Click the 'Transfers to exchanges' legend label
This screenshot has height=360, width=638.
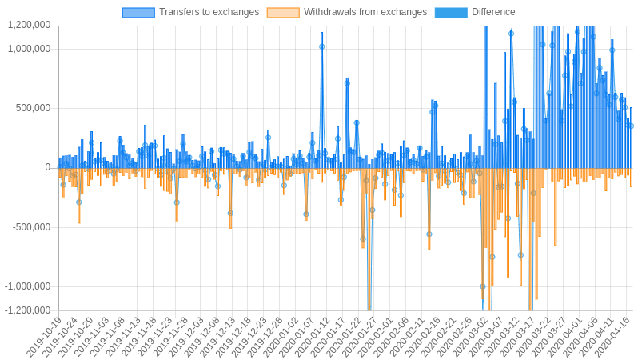click(x=209, y=12)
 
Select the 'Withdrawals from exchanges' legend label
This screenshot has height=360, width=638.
click(x=365, y=12)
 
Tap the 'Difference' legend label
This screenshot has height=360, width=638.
click(x=493, y=12)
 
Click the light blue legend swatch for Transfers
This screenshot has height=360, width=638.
click(x=138, y=12)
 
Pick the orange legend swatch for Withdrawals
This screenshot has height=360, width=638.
click(x=283, y=12)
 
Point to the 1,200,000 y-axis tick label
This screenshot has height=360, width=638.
click(x=29, y=25)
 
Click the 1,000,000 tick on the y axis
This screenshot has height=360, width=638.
click(x=29, y=49)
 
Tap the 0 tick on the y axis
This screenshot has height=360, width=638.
click(x=47, y=168)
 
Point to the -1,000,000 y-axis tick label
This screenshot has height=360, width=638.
click(x=27, y=286)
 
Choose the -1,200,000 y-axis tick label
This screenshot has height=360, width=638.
click(x=27, y=310)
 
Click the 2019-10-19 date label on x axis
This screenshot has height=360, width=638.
click(x=44, y=338)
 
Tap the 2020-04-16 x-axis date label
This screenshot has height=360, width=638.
click(x=608, y=338)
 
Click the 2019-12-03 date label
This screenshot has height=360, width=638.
click(x=185, y=338)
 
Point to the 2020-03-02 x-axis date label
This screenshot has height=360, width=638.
click(x=468, y=338)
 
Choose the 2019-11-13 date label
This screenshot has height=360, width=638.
click(x=122, y=338)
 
